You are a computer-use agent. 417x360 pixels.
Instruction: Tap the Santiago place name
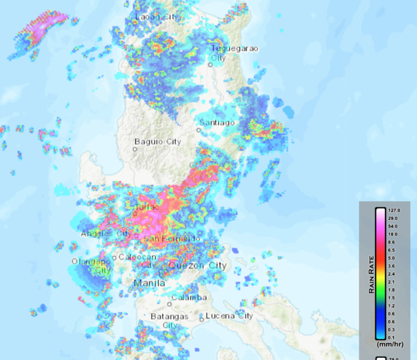tap(217, 123)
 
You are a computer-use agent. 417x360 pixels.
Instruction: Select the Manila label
tap(149, 282)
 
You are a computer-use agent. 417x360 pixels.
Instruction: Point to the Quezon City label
tap(197, 266)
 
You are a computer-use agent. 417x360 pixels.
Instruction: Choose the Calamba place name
tap(189, 298)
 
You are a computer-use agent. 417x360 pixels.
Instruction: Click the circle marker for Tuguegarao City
tap(210, 65)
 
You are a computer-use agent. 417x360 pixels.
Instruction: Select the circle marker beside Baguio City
tap(135, 149)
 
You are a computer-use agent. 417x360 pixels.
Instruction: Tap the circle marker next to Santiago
tap(199, 130)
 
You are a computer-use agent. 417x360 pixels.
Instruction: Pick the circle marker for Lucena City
tap(201, 319)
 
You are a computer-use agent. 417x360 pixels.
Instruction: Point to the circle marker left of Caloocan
tap(115, 258)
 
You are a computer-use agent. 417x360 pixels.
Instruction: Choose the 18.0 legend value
tap(393, 234)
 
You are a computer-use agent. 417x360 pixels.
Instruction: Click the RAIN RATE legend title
tap(372, 274)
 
